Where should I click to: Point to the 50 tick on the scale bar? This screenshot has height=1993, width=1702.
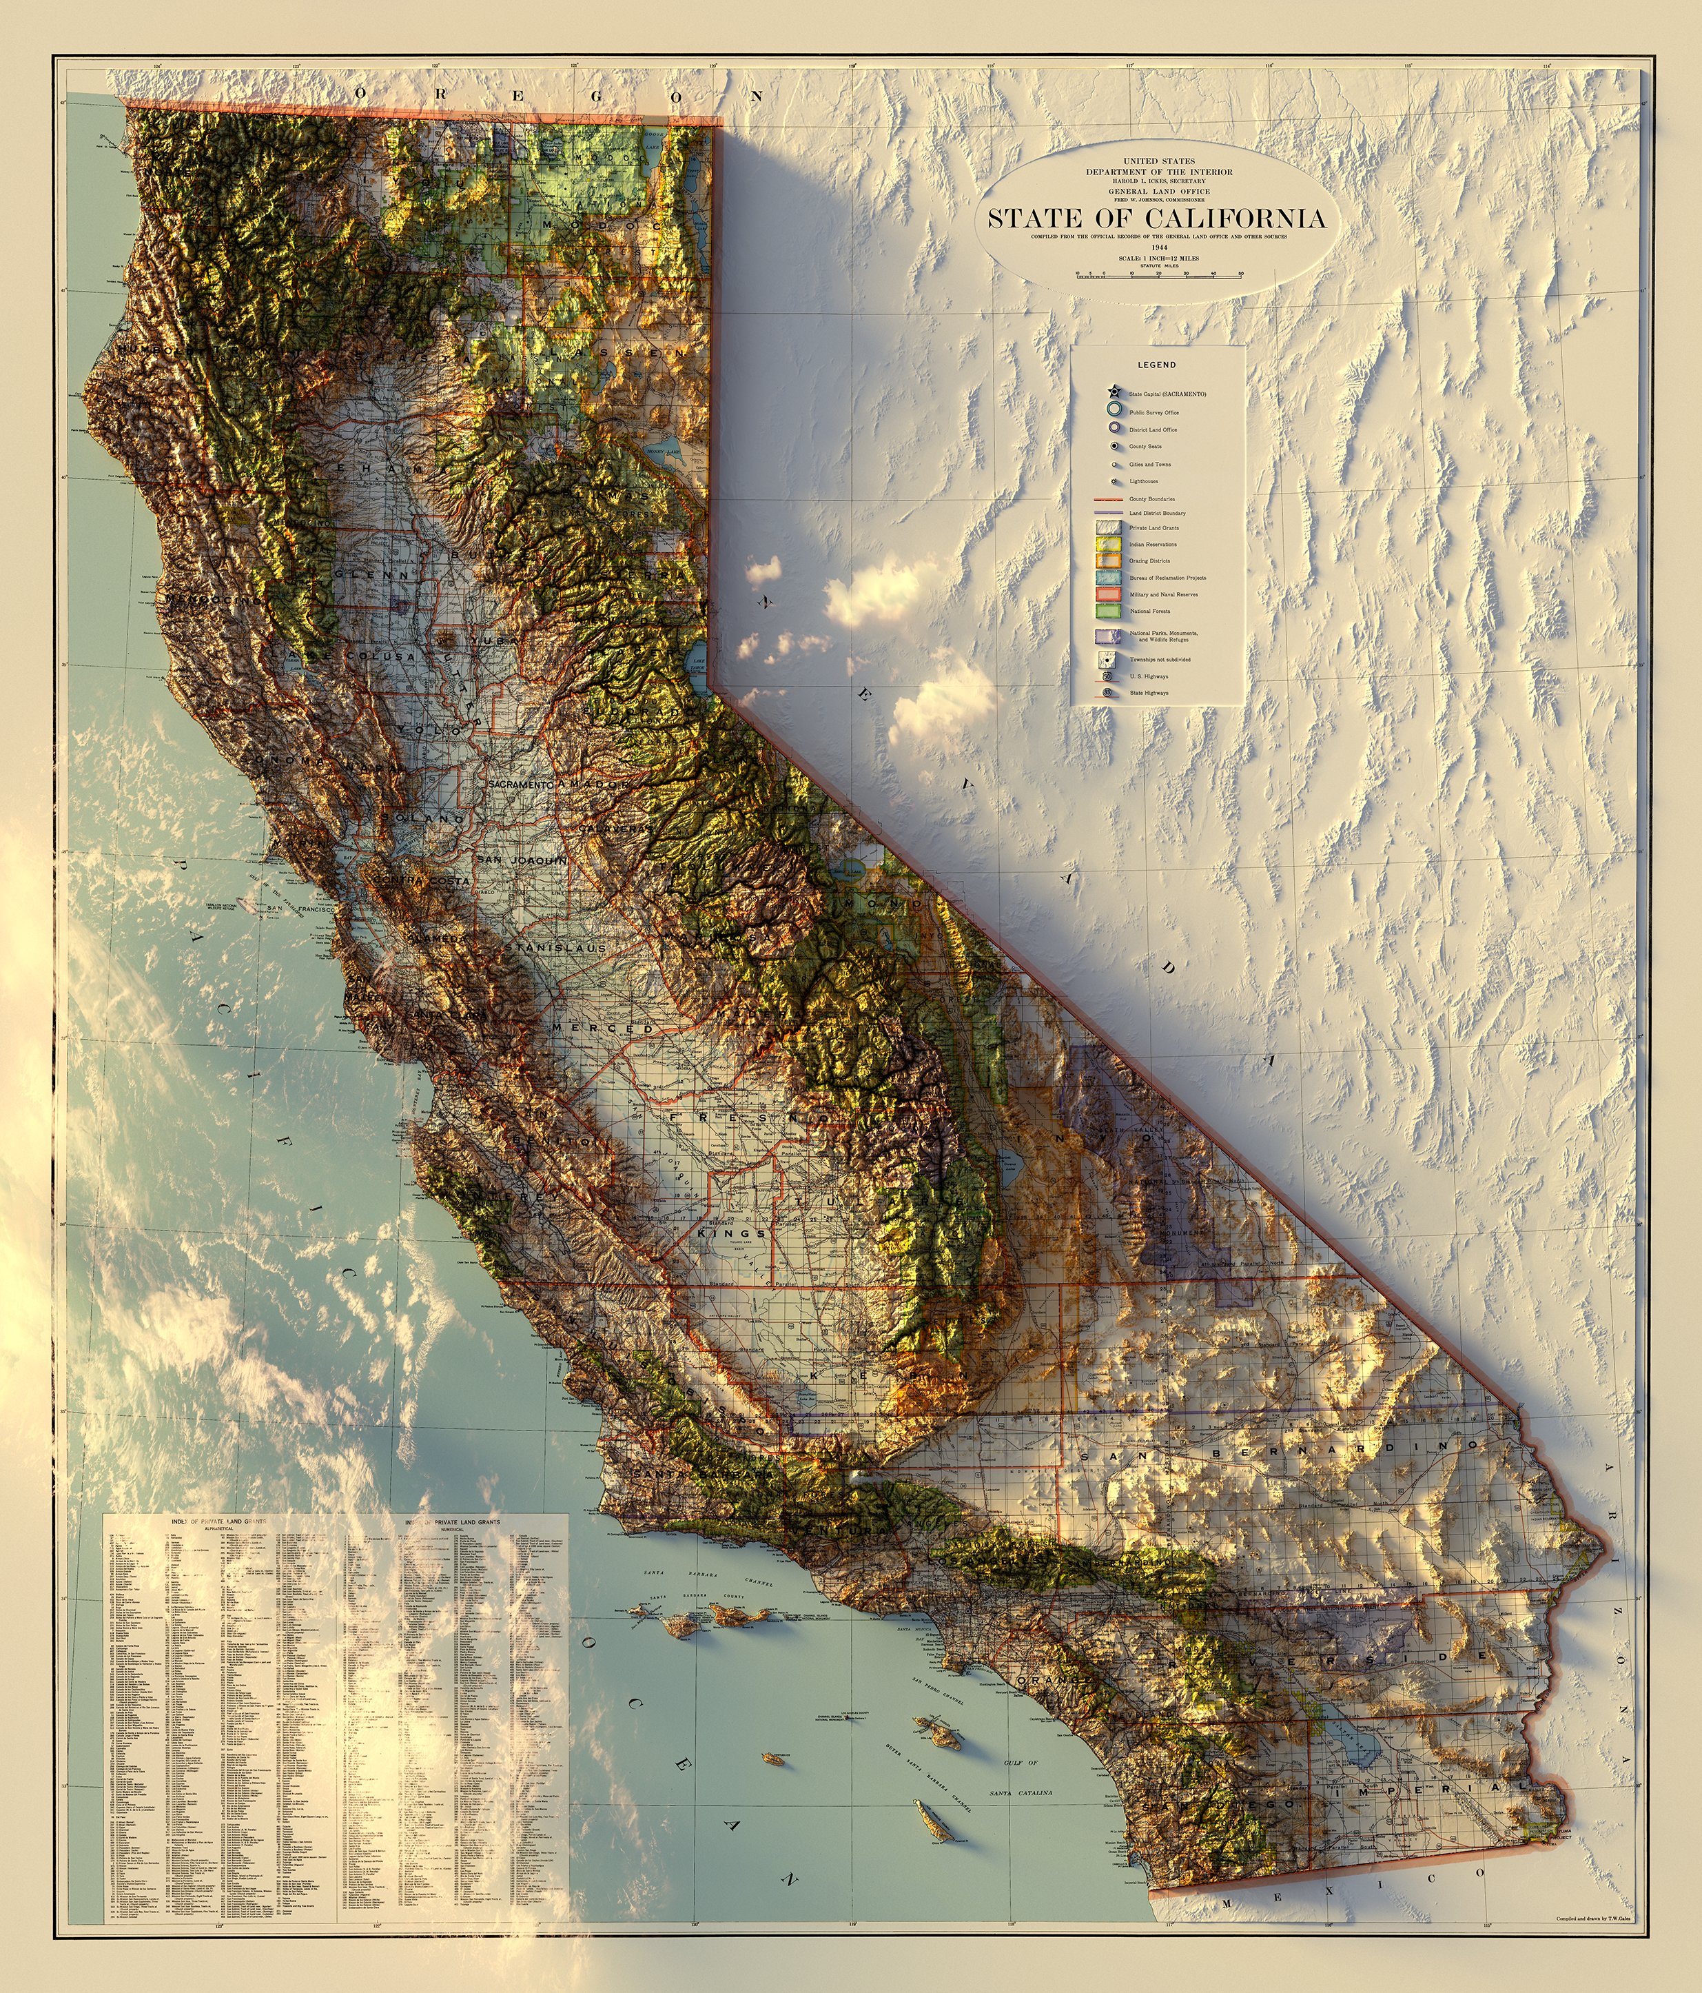pyautogui.click(x=1242, y=274)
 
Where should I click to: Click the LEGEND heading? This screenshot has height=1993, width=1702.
pyautogui.click(x=1156, y=365)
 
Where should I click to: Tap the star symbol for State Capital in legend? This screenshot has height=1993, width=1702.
pyautogui.click(x=1113, y=392)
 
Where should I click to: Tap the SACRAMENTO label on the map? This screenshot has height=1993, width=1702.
pyautogui.click(x=520, y=785)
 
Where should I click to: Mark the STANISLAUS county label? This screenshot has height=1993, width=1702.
pyautogui.click(x=561, y=947)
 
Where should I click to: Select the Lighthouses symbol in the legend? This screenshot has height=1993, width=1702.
pyautogui.click(x=1114, y=481)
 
